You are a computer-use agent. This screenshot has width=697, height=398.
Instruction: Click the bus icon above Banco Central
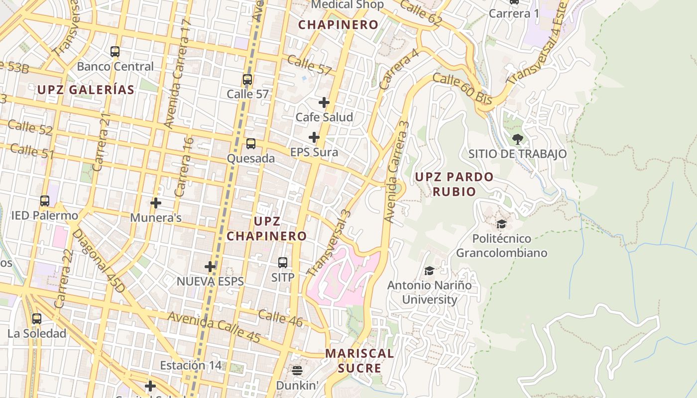(115, 51)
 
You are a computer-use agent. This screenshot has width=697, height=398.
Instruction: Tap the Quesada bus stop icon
(251, 144)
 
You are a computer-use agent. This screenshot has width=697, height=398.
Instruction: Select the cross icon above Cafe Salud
(324, 102)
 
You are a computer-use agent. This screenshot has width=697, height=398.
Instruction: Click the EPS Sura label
(314, 152)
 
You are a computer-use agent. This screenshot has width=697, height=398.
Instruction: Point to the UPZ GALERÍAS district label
(86, 90)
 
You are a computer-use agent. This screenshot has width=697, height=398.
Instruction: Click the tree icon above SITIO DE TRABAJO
(517, 139)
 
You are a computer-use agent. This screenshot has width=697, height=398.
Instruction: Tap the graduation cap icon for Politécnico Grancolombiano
(501, 224)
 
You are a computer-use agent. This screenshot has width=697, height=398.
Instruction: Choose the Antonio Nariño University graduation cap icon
(429, 271)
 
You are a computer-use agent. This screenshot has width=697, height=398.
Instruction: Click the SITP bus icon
(283, 262)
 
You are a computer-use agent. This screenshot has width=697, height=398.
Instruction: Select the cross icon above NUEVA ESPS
(210, 267)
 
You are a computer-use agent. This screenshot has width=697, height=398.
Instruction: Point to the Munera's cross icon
(156, 203)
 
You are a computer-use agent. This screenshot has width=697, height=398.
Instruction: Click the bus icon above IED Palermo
(45, 201)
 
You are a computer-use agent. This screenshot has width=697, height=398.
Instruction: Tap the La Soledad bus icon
(37, 319)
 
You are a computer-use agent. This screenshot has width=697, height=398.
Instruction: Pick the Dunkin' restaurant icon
(297, 370)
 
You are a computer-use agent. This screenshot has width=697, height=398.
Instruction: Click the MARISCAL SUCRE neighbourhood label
(359, 361)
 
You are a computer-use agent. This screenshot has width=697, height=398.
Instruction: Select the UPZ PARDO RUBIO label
(454, 184)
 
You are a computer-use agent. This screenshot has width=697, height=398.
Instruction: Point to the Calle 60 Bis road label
(462, 89)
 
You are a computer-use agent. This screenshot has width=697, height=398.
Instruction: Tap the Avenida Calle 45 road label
(214, 327)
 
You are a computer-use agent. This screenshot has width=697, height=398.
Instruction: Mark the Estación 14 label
(190, 365)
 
